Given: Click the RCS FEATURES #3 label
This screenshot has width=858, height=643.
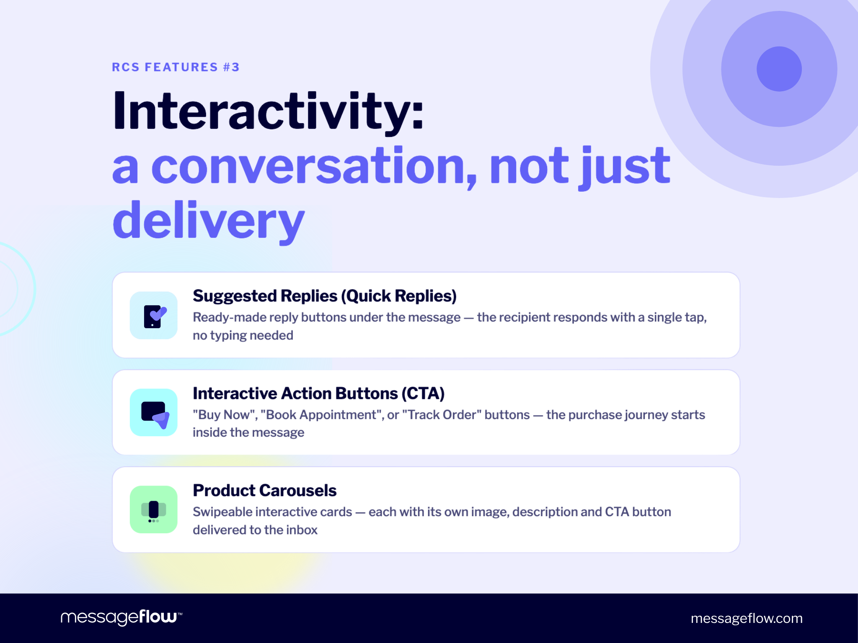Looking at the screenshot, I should (x=176, y=67).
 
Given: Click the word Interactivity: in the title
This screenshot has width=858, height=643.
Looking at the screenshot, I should (x=268, y=111).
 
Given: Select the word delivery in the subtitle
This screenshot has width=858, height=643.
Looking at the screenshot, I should (x=208, y=221).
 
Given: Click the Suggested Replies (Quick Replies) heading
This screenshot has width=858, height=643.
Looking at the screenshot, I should (x=324, y=296).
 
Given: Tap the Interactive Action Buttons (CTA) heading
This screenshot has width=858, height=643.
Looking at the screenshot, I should (x=318, y=394).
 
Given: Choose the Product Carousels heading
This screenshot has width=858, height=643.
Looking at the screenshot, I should (x=264, y=491).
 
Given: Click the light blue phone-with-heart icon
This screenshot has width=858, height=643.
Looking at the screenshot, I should (x=153, y=315).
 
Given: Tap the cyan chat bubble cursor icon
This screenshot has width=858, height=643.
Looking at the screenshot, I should (x=153, y=412).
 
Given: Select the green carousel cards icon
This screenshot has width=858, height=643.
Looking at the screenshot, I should (x=153, y=509).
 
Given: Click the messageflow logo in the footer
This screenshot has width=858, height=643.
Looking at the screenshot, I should (x=121, y=617).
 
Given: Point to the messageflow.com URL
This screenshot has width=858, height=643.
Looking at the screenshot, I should (x=747, y=618).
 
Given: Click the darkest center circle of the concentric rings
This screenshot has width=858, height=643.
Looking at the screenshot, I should (x=779, y=69).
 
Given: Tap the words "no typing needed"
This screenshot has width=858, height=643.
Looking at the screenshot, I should (x=243, y=335).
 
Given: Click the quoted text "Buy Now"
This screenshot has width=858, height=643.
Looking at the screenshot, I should (x=225, y=415).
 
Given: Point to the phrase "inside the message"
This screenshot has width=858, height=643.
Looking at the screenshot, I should (x=248, y=432).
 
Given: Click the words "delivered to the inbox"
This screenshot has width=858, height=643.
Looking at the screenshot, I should (x=255, y=530).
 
